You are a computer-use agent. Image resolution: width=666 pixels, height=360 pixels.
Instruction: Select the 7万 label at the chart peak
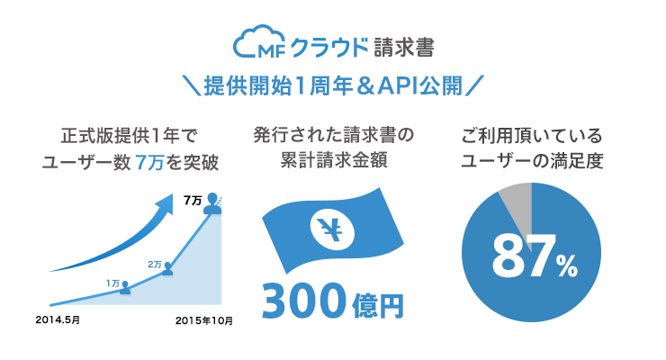coord(192,200)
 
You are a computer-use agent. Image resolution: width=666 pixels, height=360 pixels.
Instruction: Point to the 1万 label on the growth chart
coord(112,283)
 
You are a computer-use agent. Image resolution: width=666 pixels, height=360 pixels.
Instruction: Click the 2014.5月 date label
coord(58,319)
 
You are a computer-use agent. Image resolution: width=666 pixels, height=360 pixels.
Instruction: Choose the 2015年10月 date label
coord(204,319)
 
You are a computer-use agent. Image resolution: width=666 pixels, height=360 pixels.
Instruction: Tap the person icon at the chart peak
coord(212,204)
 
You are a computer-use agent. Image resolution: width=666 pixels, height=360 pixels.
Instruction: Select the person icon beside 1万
coord(125,287)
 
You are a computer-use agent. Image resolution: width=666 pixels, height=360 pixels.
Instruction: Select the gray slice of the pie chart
coord(518,200)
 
